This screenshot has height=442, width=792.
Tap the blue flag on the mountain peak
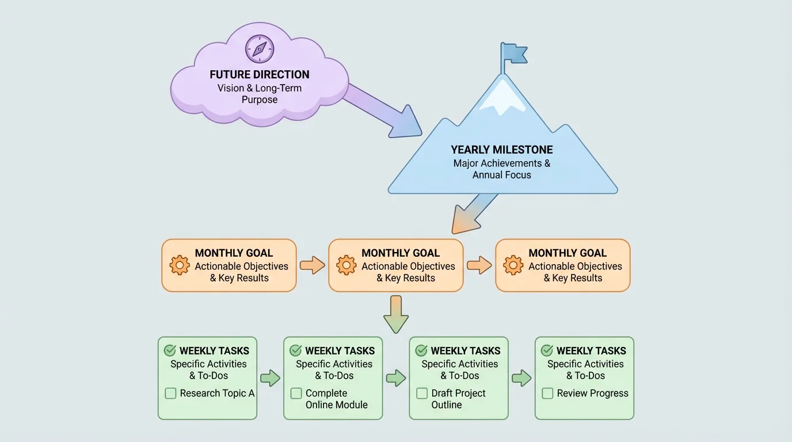click(x=514, y=54)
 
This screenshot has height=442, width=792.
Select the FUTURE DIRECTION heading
click(x=260, y=74)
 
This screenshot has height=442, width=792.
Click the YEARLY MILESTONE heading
click(x=502, y=150)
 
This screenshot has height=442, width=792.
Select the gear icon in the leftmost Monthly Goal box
click(x=180, y=265)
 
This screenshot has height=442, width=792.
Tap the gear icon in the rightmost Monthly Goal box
click(x=513, y=265)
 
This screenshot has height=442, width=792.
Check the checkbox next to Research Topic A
click(x=170, y=394)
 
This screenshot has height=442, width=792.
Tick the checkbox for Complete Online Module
click(x=296, y=394)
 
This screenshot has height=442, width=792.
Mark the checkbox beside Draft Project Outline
click(x=422, y=394)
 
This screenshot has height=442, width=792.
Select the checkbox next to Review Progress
click(x=547, y=394)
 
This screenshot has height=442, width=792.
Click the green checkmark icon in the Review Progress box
click(x=547, y=350)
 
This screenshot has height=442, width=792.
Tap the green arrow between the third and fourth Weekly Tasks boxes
click(x=521, y=378)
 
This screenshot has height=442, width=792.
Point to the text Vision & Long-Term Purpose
click(x=260, y=94)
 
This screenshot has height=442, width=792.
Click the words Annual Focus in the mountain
click(x=502, y=174)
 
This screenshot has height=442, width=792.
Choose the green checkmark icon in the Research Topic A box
click(x=170, y=350)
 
